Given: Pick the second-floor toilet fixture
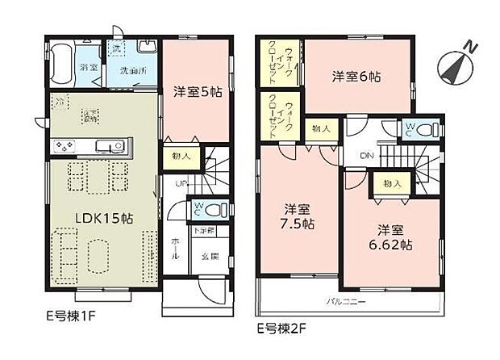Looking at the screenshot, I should [x=427, y=129].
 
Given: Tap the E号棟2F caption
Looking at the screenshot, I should [x=278, y=329].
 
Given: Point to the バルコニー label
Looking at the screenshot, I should [x=348, y=302].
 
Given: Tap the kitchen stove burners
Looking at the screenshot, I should [x=64, y=146].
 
